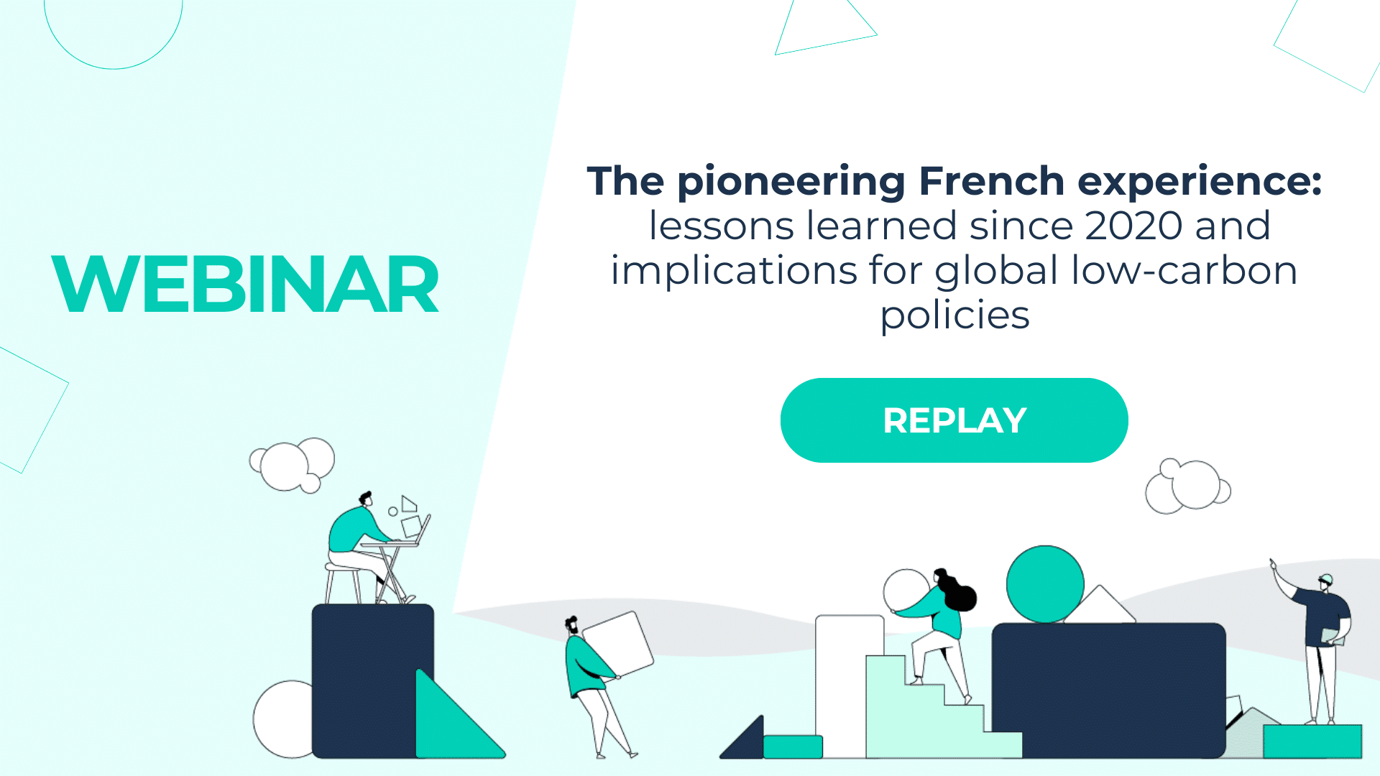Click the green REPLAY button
click(954, 420)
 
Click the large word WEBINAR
click(245, 285)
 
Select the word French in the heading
click(991, 181)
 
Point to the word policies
click(954, 315)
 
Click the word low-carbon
click(1184, 271)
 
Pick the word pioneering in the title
click(791, 183)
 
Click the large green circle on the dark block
click(1044, 584)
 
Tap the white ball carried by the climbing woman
click(906, 591)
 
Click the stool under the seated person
click(342, 582)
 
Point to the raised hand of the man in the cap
click(1273, 565)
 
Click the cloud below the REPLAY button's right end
click(1187, 487)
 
